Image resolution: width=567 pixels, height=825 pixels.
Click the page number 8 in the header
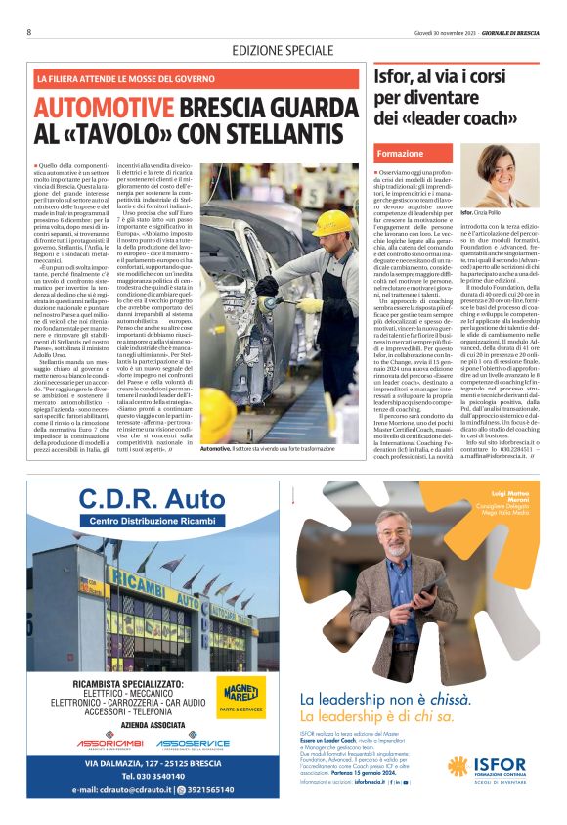(x=30, y=32)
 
